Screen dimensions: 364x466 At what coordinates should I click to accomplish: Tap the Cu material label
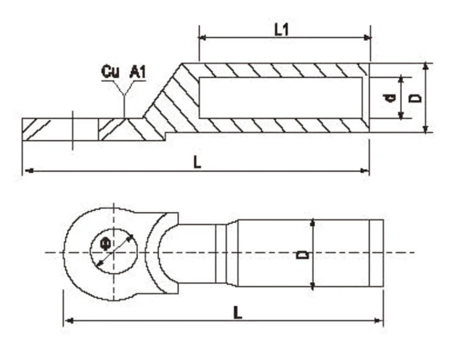[110, 72]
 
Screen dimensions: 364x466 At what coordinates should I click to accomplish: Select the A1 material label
[137, 72]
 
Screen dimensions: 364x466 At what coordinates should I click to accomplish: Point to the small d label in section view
[390, 98]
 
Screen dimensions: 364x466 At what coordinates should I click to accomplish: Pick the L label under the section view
[196, 163]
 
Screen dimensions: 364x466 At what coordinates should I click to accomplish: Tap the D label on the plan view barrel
[303, 253]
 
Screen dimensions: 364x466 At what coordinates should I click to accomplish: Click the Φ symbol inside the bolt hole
[106, 245]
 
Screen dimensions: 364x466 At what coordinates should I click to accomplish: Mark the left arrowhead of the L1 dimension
[203, 37]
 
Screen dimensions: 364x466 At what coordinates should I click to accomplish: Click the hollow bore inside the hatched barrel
[280, 98]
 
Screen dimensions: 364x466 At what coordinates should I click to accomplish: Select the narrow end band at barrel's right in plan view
[376, 253]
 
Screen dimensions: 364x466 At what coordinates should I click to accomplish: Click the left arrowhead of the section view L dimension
[27, 170]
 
